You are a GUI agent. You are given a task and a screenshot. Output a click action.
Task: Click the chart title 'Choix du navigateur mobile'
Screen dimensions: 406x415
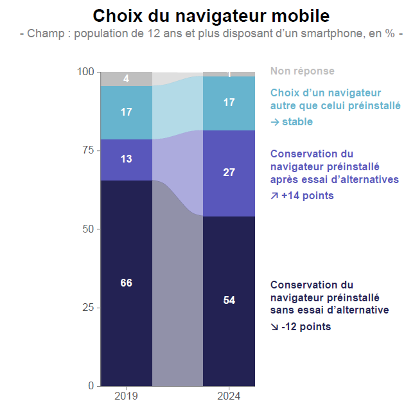click(x=211, y=16)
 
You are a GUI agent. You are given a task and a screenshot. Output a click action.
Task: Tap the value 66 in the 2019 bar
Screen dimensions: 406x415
click(x=127, y=283)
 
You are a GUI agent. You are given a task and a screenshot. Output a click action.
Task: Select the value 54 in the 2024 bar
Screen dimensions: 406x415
click(x=229, y=300)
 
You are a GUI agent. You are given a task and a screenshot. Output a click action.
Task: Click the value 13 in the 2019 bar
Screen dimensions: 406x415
click(x=127, y=159)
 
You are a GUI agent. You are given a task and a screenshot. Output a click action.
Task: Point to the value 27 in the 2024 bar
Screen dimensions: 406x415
click(x=229, y=172)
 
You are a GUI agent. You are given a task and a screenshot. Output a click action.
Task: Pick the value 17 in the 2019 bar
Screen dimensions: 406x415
click(x=127, y=112)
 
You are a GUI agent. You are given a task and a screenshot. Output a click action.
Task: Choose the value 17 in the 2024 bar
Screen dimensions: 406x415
click(x=229, y=102)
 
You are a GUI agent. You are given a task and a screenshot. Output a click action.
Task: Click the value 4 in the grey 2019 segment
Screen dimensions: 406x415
click(x=127, y=79)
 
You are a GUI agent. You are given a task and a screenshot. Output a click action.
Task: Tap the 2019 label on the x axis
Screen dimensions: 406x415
click(x=127, y=396)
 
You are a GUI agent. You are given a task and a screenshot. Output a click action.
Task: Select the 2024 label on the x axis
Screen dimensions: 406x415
click(x=229, y=396)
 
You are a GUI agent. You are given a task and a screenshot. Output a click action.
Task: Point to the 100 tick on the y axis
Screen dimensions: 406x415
click(x=86, y=72)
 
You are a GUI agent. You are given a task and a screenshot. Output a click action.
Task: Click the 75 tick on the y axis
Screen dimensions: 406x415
click(x=89, y=150)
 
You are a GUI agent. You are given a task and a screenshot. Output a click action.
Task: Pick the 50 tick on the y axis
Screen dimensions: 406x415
click(x=89, y=229)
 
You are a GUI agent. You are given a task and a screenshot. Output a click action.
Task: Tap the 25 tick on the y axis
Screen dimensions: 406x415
click(x=89, y=308)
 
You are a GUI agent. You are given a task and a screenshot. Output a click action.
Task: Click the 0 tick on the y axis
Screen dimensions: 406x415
click(x=91, y=386)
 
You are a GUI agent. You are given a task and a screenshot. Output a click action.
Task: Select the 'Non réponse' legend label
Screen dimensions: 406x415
click(x=303, y=71)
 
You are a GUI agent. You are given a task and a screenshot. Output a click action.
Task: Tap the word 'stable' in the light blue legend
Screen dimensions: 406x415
click(x=297, y=121)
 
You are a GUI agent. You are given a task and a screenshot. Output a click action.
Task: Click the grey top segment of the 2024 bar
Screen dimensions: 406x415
click(x=229, y=74)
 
